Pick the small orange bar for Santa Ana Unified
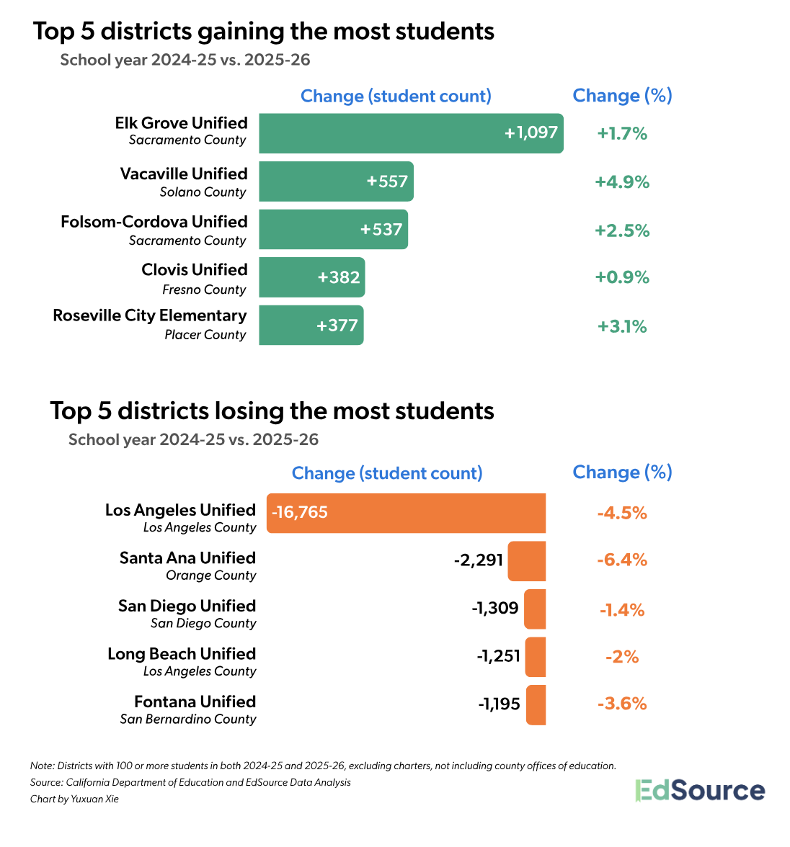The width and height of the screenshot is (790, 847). point(526,561)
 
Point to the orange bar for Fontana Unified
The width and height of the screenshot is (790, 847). point(536,704)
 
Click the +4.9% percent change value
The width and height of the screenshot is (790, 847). point(621,182)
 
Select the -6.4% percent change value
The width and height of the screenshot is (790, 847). point(621,560)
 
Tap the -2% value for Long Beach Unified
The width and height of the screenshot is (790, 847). point(621,657)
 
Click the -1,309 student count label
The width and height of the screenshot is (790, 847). point(495,608)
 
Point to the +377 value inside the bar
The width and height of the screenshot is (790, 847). point(337,326)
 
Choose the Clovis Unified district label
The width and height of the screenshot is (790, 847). point(195,270)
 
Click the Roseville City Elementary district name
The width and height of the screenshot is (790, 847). point(150,315)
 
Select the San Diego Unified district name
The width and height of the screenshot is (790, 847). point(187,606)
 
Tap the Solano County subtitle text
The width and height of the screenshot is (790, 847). point(203,192)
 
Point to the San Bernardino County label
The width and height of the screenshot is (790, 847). point(188,719)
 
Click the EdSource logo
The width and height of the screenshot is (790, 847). point(699,790)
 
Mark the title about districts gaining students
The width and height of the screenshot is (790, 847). point(264,32)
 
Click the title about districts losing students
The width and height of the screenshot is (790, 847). point(272,411)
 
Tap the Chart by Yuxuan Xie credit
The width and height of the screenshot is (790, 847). point(74,799)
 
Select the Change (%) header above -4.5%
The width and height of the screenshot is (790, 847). point(622,472)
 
